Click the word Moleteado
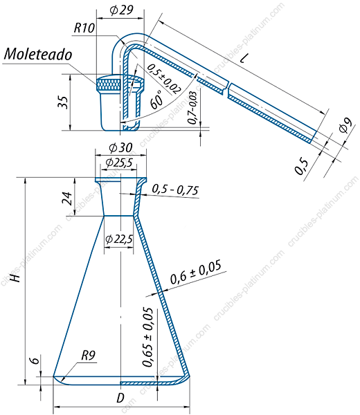click(38, 54)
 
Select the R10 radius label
click(84, 28)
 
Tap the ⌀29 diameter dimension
click(121, 10)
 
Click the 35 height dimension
click(64, 102)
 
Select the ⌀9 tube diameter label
click(346, 125)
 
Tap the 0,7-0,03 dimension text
click(192, 107)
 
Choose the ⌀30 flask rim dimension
click(120, 148)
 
